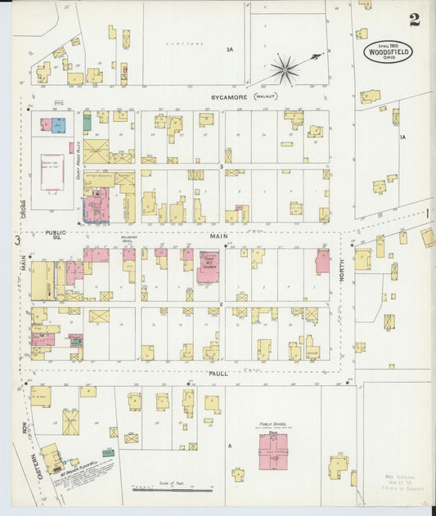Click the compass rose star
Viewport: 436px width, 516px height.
pos(285,70)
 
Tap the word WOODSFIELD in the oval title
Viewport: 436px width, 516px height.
pos(389,51)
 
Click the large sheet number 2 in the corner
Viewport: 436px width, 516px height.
pos(415,20)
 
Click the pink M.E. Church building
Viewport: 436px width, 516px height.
pos(208,267)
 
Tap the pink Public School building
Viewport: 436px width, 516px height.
pos(273,451)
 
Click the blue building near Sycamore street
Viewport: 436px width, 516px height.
pos(59,125)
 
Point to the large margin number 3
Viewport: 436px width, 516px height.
pos(16,240)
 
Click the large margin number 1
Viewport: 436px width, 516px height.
pos(427,213)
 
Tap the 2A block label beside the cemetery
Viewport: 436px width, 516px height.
pos(230,50)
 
